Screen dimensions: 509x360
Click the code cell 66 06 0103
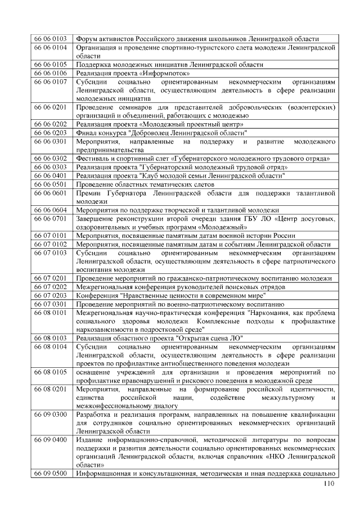tap(50, 39)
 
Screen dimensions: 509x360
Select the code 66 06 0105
tap(50, 65)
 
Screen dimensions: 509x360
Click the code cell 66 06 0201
tap(50, 107)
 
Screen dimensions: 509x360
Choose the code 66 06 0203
tap(50, 133)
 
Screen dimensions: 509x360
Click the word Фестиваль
tap(93, 159)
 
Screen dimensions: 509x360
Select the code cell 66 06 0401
tap(50, 175)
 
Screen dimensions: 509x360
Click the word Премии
tap(90, 192)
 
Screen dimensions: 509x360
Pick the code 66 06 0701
tap(50, 218)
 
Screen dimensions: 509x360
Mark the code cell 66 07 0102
tap(50, 245)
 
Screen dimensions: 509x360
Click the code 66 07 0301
tap(50, 304)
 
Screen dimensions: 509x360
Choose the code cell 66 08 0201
tap(50, 389)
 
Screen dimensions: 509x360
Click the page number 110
tap(328, 485)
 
